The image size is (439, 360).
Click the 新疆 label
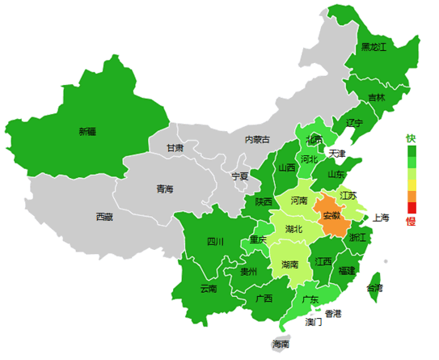click(x=87, y=131)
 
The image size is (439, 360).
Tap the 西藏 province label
click(x=104, y=217)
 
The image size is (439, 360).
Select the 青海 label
click(x=165, y=189)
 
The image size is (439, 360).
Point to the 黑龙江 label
click(x=374, y=48)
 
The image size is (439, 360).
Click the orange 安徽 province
click(x=331, y=216)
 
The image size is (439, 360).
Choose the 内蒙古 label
click(x=258, y=140)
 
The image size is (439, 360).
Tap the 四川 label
click(x=215, y=241)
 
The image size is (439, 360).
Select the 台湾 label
click(x=375, y=288)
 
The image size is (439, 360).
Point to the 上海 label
click(x=381, y=218)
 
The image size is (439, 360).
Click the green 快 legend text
click(x=411, y=138)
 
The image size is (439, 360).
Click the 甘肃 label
click(x=175, y=149)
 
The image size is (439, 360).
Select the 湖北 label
click(x=294, y=229)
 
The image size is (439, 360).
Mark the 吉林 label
click(x=377, y=98)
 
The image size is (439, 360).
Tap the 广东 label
click(x=310, y=299)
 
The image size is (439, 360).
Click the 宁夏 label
click(x=240, y=176)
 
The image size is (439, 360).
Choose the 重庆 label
click(x=258, y=240)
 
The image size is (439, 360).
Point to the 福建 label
click(x=347, y=270)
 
